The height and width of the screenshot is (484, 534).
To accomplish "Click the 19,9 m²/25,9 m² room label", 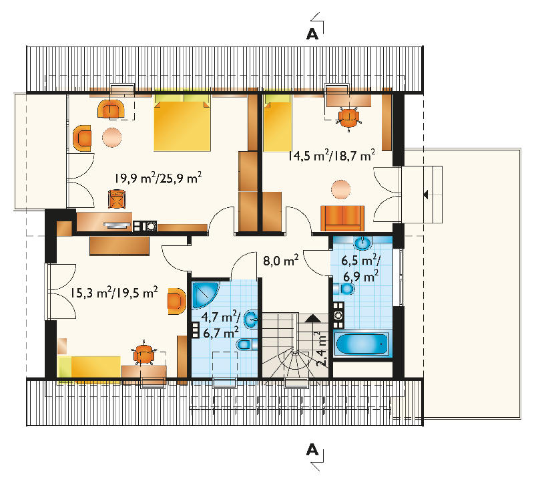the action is [158, 178].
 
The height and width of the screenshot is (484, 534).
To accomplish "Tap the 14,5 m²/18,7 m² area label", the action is [332, 155].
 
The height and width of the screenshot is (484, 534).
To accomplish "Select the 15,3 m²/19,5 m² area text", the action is [114, 293].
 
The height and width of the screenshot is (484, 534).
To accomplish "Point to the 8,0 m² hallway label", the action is [281, 260].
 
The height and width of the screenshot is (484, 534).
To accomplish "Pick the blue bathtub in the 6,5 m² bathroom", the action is [362, 344].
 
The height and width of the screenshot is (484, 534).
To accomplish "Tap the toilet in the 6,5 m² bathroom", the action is [344, 289].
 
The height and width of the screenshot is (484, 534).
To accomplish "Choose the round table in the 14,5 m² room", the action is [341, 189].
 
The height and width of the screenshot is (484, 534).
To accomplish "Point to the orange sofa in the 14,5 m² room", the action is [342, 219].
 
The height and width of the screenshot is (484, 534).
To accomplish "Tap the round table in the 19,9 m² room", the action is [111, 137].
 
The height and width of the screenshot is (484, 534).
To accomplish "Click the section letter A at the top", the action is [312, 34].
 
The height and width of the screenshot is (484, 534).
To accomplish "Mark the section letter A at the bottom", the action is [312, 450].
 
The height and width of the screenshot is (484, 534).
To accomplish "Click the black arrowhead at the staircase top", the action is [313, 319].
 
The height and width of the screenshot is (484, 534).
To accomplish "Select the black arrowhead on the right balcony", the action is [425, 195].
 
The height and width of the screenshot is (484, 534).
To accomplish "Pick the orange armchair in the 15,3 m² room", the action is [176, 301].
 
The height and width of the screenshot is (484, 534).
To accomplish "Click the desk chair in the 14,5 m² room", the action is [348, 118].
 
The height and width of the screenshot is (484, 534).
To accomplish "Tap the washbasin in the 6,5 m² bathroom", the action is [363, 243].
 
